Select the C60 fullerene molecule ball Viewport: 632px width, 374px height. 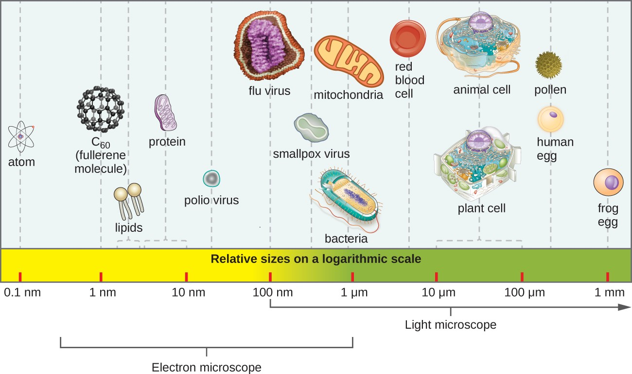pyautogui.click(x=101, y=108)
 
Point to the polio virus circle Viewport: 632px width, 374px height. pyautogui.click(x=211, y=179)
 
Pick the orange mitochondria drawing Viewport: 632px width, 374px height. pyautogui.click(x=348, y=61)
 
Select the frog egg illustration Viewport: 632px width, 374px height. pyautogui.click(x=608, y=184)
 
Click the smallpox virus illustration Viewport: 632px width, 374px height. pyautogui.click(x=311, y=128)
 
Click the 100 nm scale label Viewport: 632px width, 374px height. pyautogui.click(x=270, y=293)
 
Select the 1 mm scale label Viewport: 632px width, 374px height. pyautogui.click(x=608, y=293)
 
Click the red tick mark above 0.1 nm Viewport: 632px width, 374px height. pyautogui.click(x=20, y=277)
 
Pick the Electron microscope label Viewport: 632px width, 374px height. pyautogui.click(x=207, y=367)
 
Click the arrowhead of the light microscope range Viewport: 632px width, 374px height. pyautogui.click(x=625, y=307)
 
